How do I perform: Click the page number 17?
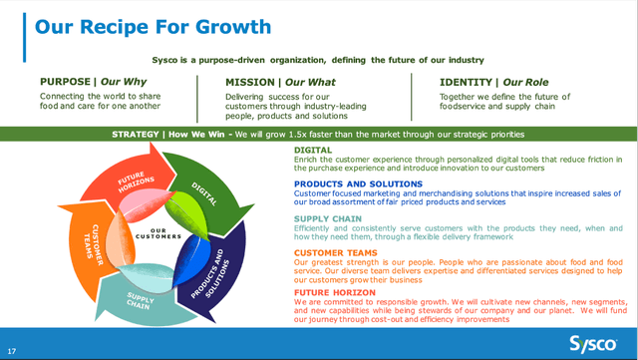(11, 351)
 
